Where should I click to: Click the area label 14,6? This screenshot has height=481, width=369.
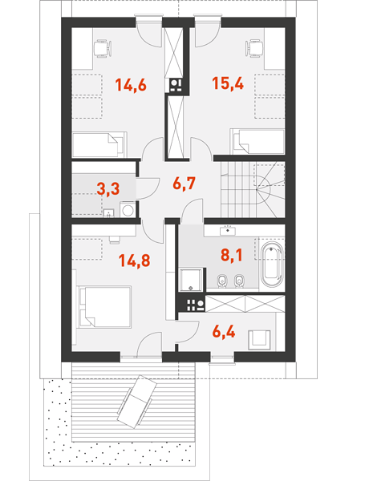tap(131, 85)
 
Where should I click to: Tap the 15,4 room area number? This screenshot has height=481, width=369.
tap(228, 83)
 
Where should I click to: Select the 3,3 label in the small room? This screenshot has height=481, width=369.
tap(107, 188)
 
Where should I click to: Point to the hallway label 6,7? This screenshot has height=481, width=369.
tap(184, 184)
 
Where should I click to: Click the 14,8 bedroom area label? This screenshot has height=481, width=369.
tap(135, 261)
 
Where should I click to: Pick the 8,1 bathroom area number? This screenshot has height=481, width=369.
tap(232, 255)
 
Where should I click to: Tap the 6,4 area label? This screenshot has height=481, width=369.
tap(224, 332)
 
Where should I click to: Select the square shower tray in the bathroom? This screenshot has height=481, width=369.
tap(191, 280)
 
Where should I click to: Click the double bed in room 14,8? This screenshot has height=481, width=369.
tap(104, 307)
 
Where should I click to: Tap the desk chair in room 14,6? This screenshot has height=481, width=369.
tap(102, 48)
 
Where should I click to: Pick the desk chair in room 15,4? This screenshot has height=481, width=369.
tap(254, 48)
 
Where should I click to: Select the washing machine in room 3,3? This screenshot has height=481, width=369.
tap(128, 210)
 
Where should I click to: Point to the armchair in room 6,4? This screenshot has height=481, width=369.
tap(259, 340)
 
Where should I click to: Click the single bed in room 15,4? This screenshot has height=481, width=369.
tap(257, 141)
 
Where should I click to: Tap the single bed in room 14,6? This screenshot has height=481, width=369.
tap(99, 145)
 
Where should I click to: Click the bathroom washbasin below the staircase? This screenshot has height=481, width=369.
tap(228, 230)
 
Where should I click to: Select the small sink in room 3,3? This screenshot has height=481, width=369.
tap(108, 213)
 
